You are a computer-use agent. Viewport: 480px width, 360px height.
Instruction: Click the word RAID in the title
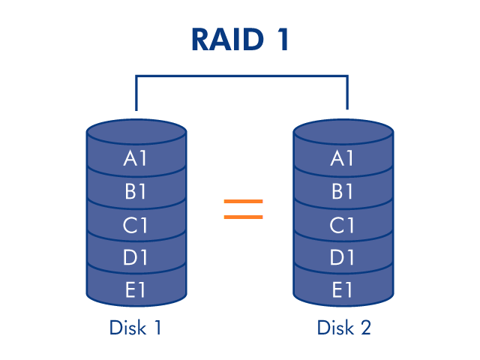tap(227, 40)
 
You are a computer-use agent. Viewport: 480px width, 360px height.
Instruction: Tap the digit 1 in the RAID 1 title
tap(283, 40)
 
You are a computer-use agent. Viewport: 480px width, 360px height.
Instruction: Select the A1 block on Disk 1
tap(136, 158)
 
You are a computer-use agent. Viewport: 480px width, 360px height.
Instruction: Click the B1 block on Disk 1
tap(136, 191)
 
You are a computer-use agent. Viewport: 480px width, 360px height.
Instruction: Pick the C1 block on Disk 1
tap(136, 225)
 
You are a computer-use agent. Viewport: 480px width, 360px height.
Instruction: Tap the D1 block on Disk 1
tap(136, 257)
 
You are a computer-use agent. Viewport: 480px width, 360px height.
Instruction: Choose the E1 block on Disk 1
tap(136, 289)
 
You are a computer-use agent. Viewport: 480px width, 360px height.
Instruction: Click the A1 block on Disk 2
tap(343, 158)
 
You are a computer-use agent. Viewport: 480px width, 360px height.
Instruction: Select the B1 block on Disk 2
tap(343, 191)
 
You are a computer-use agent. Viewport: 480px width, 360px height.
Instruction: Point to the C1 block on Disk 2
tap(343, 225)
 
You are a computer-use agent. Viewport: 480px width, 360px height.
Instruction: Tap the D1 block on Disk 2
tap(343, 257)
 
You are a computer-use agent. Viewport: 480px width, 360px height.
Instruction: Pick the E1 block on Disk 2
tap(343, 289)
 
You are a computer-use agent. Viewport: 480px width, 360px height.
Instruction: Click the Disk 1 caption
tap(135, 328)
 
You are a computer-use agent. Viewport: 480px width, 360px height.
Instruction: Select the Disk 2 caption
tap(343, 328)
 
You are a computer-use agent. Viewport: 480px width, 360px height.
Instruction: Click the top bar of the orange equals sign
tap(243, 201)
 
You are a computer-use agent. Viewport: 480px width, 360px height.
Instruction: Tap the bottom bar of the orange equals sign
tap(243, 217)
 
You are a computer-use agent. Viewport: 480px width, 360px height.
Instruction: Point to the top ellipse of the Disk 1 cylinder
tap(136, 132)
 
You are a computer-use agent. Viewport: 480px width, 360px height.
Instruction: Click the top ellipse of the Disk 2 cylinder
tap(343, 132)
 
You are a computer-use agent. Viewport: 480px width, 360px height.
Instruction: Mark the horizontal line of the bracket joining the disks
tap(241, 76)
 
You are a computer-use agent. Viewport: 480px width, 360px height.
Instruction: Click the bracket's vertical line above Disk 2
tap(347, 92)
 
